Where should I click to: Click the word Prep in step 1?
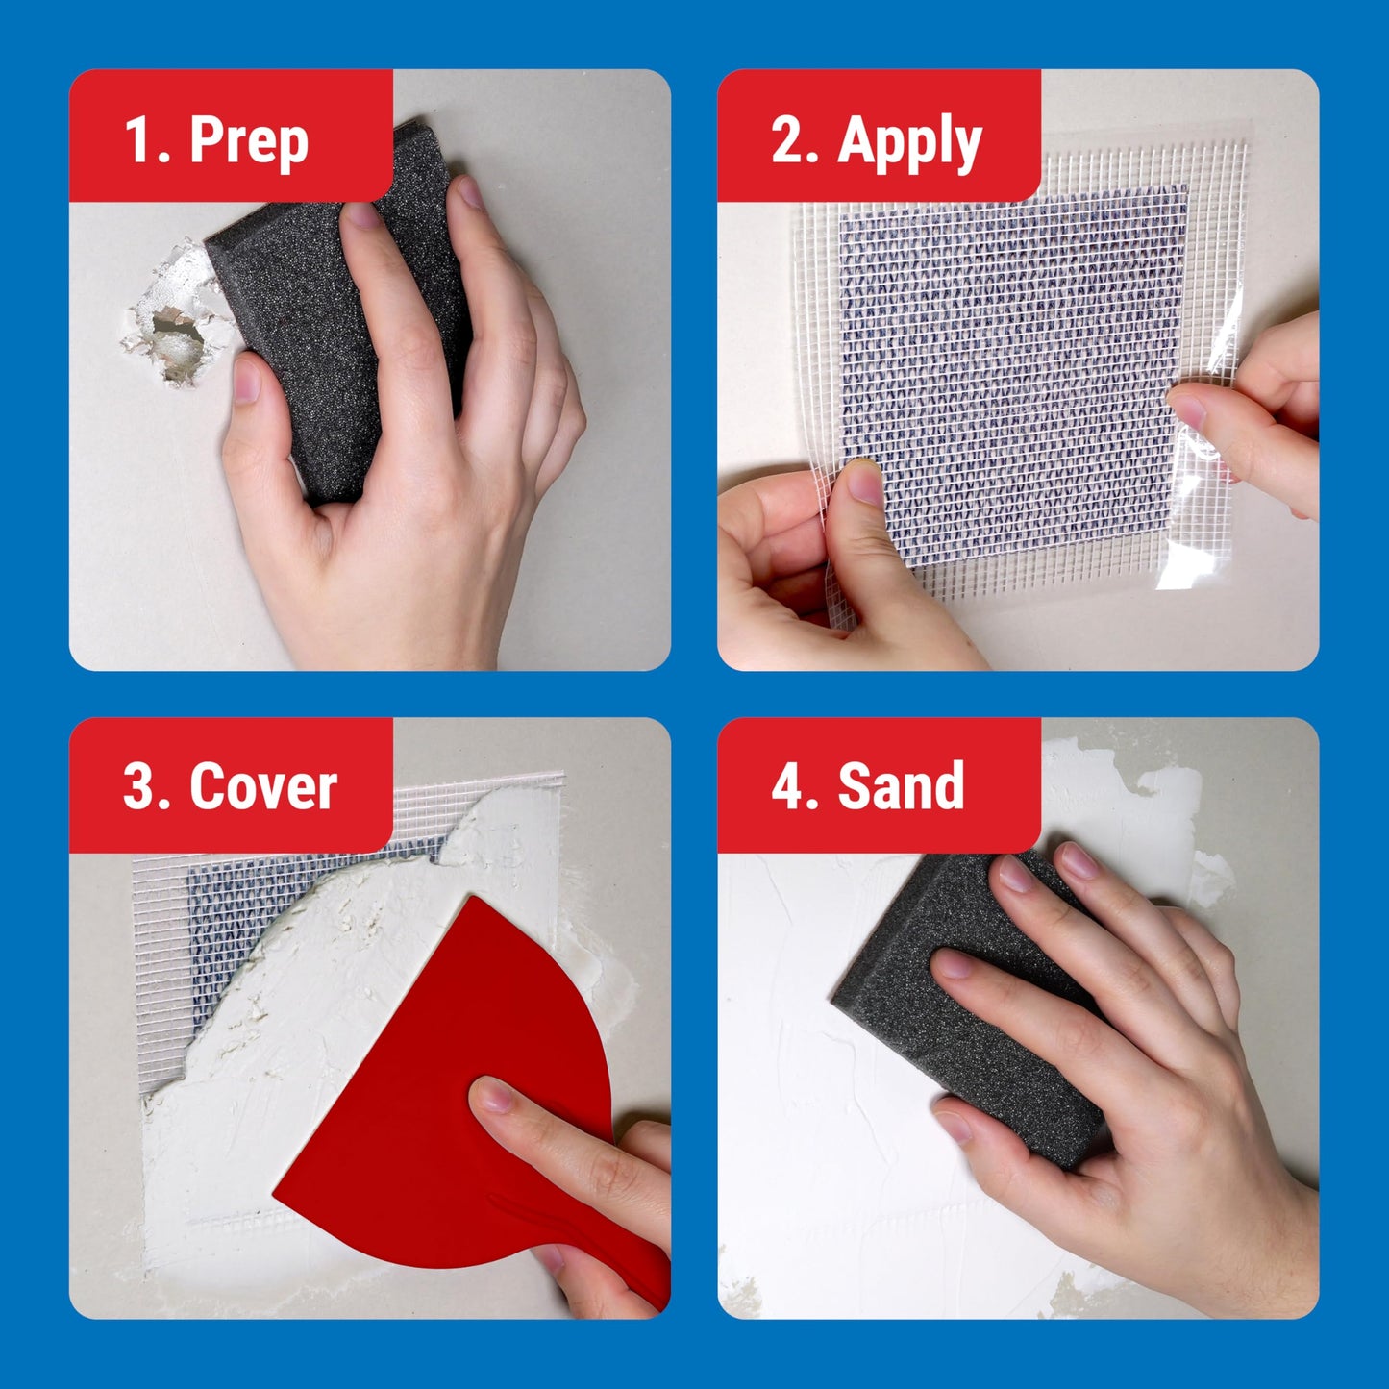pos(249,140)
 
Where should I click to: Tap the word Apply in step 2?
pos(908,142)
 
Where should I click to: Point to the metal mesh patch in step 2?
pos(1009,365)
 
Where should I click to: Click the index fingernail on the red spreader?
pos(492,1094)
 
